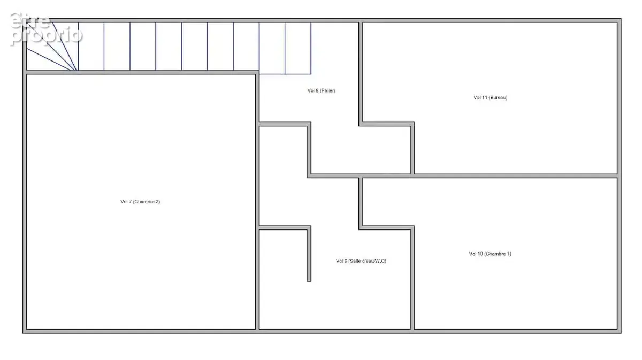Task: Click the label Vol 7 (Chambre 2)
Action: pyautogui.click(x=140, y=202)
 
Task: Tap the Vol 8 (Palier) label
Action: pyautogui.click(x=322, y=90)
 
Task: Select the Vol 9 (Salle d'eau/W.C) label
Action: pyautogui.click(x=361, y=261)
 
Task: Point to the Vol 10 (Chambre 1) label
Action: pyautogui.click(x=490, y=254)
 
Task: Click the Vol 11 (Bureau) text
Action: pyautogui.click(x=491, y=97)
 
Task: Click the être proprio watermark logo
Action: pyautogui.click(x=46, y=29)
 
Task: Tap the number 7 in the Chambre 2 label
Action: pyautogui.click(x=130, y=202)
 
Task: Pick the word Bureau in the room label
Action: pyautogui.click(x=499, y=97)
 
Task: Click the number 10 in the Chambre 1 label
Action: pyautogui.click(x=480, y=254)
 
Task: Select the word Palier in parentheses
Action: pyautogui.click(x=327, y=90)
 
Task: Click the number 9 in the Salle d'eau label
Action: pyautogui.click(x=346, y=261)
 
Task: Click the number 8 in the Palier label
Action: pyautogui.click(x=317, y=90)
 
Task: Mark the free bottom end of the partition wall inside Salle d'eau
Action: pyautogui.click(x=309, y=281)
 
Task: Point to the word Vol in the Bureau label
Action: pyautogui.click(x=477, y=97)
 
